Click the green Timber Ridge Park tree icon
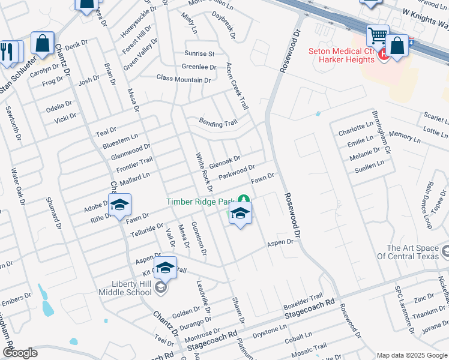(x=243, y=200)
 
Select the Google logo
(x=20, y=353)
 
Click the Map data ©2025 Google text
(x=412, y=355)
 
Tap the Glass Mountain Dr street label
(x=184, y=79)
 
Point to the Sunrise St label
(x=198, y=54)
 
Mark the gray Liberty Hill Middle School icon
(x=160, y=288)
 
